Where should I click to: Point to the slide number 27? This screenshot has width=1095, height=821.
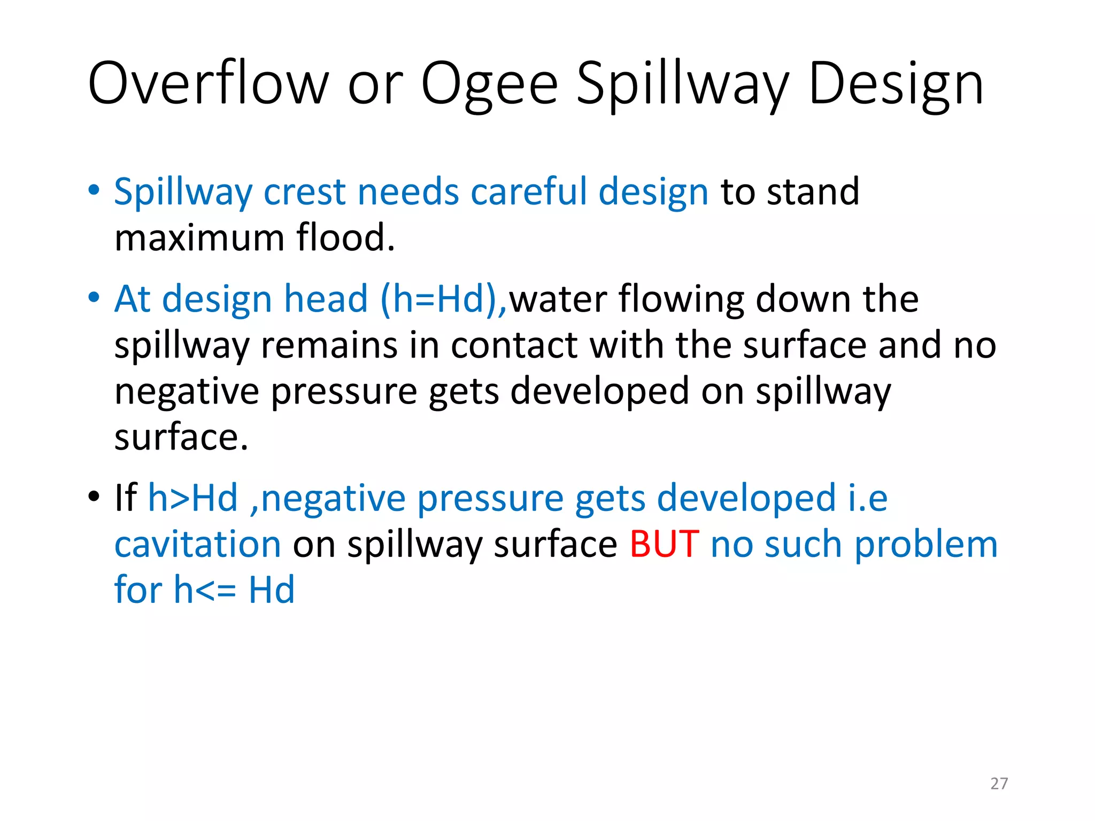tap(999, 784)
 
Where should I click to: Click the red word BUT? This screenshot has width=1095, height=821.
tap(664, 544)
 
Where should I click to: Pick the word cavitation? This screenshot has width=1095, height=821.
tap(198, 544)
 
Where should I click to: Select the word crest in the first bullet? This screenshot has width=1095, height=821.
tap(305, 191)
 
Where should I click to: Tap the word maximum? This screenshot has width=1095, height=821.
tap(199, 238)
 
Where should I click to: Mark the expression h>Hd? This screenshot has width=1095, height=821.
tap(192, 498)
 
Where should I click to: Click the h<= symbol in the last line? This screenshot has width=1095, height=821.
tap(205, 590)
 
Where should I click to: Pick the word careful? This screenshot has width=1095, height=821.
tap(529, 191)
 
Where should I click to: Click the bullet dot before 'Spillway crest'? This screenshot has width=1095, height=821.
tap(94, 190)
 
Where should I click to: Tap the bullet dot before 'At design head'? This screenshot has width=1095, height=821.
tap(94, 297)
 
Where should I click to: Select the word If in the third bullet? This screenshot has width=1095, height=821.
tap(125, 498)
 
